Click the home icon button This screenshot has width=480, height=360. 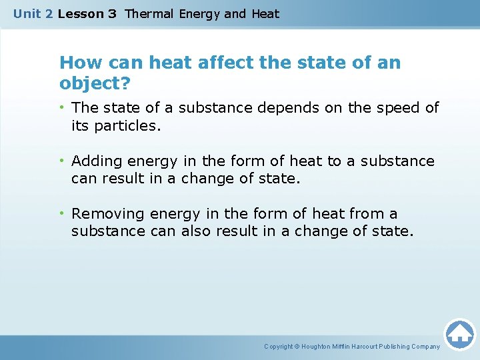[459, 334]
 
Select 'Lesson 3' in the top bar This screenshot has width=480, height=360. [87, 14]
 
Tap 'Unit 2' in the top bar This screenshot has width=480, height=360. [33, 14]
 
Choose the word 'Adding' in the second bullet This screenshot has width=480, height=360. [96, 161]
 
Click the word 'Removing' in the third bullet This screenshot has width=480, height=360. [108, 214]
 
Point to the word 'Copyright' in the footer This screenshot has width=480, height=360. [278, 347]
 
